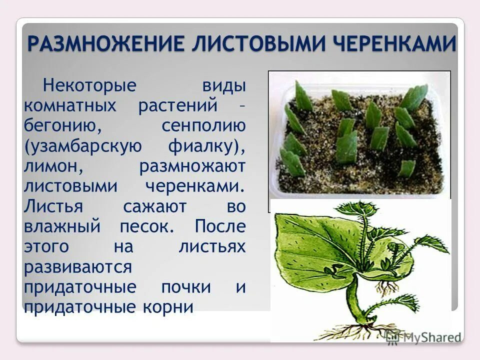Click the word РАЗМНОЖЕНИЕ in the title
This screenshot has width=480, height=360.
(x=106, y=43)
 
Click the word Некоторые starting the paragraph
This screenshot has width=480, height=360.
(x=90, y=84)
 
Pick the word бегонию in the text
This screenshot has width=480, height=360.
(x=62, y=125)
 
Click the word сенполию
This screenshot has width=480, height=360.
(x=203, y=125)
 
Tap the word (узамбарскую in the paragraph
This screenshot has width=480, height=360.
(x=82, y=145)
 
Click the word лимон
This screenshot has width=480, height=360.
(x=51, y=165)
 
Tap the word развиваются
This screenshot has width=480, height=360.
(x=77, y=266)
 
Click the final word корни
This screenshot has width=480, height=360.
(x=167, y=306)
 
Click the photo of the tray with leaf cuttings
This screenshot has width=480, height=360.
(x=359, y=134)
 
